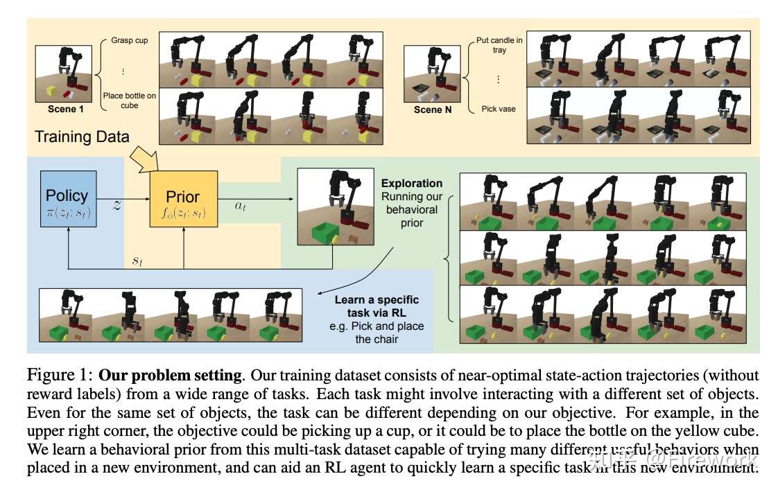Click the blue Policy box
click(69, 199)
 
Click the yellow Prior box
click(184, 199)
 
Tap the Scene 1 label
click(65, 109)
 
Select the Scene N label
click(433, 109)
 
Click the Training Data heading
click(82, 137)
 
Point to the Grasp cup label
click(130, 40)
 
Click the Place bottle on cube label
click(130, 100)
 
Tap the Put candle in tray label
click(499, 44)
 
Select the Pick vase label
click(498, 109)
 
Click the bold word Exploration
click(412, 183)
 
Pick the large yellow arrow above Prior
click(144, 159)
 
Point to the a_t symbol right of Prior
click(240, 205)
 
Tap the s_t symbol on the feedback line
click(137, 260)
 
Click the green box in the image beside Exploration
click(325, 232)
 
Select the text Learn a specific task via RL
click(377, 306)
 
